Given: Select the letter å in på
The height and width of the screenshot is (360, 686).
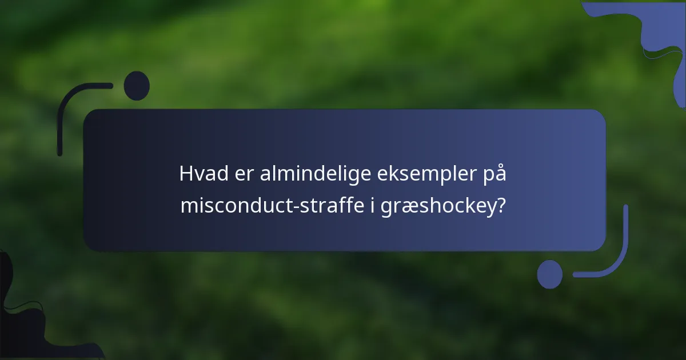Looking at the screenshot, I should pyautogui.click(x=500, y=173).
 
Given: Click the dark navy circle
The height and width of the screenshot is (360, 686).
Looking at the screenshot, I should pyautogui.click(x=137, y=86).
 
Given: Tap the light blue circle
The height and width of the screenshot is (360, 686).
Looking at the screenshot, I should pyautogui.click(x=549, y=274).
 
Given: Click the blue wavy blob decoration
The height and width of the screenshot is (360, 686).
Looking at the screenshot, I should pyautogui.click(x=657, y=34).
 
